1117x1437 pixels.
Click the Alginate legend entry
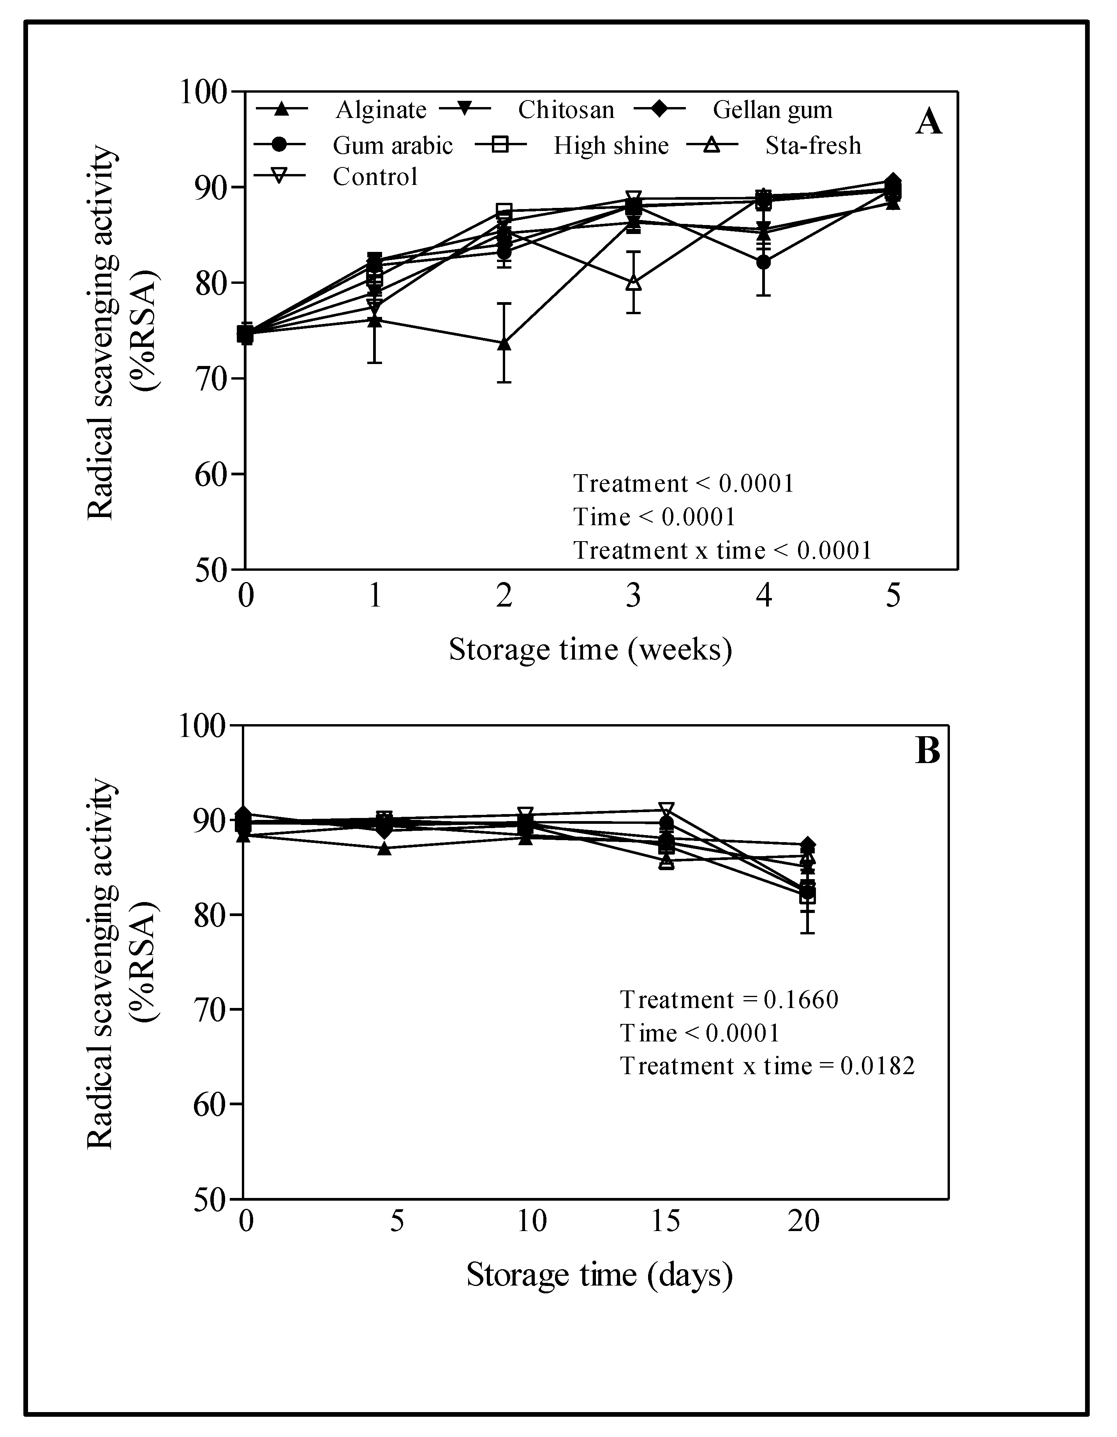point(381,110)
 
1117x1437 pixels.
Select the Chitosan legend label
point(566,110)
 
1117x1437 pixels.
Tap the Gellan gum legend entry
point(772,110)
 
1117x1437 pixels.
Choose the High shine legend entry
point(610,145)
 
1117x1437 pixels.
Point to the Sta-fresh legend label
point(812,145)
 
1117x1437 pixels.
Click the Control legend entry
point(375,176)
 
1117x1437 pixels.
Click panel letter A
point(928,122)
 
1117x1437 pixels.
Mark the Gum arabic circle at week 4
point(763,262)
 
